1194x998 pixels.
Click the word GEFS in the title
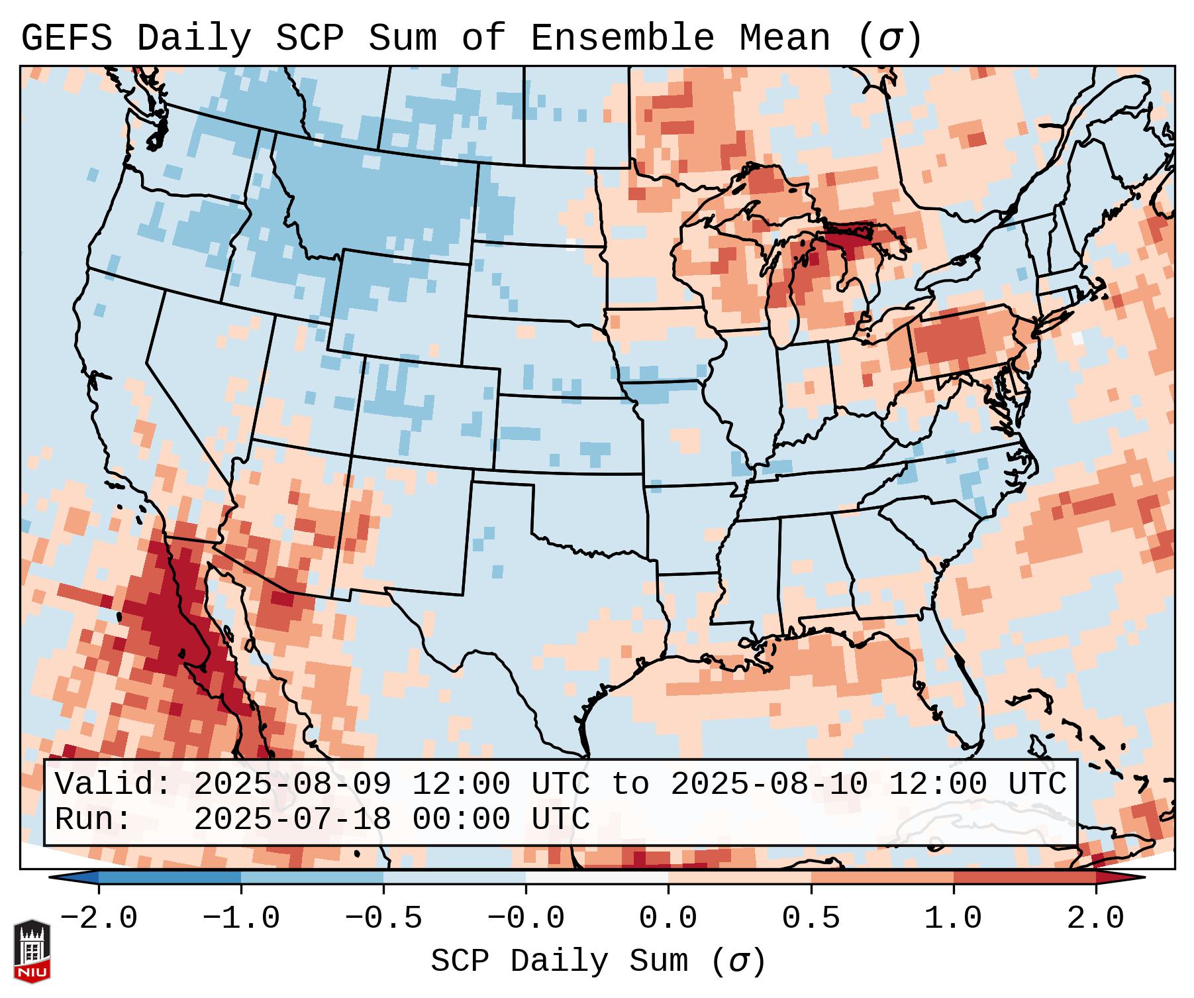(66, 38)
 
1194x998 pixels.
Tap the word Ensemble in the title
(622, 38)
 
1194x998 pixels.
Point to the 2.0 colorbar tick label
(1095, 918)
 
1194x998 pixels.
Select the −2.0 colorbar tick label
(99, 918)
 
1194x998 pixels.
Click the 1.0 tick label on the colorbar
(953, 918)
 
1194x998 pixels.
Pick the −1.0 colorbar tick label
(241, 918)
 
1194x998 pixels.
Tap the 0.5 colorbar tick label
(811, 918)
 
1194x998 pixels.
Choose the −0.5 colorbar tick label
(383, 918)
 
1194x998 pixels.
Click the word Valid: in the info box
(113, 784)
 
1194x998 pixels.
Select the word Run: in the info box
(93, 819)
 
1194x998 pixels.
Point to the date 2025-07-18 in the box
(292, 819)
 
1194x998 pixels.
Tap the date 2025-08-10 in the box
(769, 784)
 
